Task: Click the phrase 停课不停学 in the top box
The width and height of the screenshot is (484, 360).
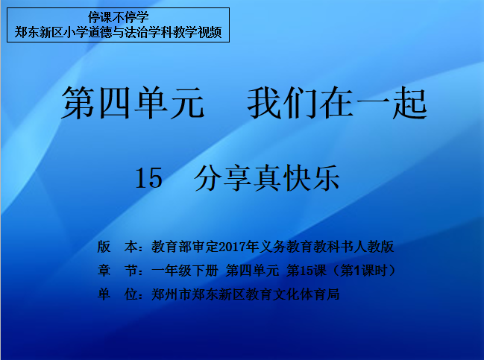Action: (119, 17)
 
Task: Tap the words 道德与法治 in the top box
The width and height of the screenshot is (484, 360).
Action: (119, 32)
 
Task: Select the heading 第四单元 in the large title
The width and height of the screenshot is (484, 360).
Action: (133, 103)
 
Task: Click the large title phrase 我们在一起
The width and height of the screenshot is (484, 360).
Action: (337, 103)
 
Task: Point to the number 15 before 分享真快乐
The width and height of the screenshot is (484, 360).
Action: (149, 178)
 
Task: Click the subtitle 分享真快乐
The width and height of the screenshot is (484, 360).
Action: (267, 178)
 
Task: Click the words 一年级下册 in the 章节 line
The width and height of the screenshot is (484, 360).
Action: (185, 271)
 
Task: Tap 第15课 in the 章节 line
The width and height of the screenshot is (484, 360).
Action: (307, 271)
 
